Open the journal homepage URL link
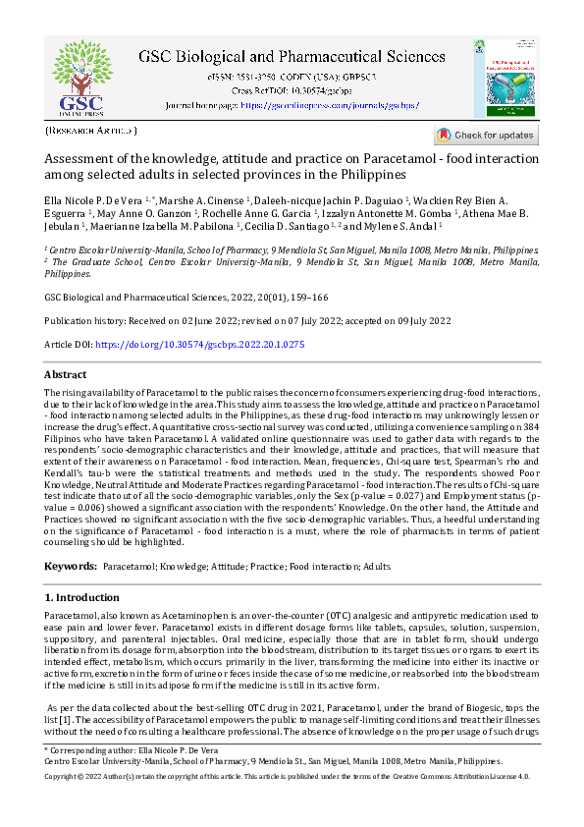coord(323,103)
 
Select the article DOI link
coord(197,345)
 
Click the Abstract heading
coord(66,375)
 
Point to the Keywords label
coord(71,567)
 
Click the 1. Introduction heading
coord(82,597)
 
